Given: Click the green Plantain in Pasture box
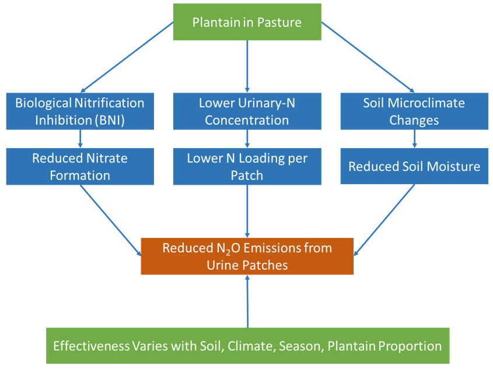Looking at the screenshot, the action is pyautogui.click(x=247, y=22).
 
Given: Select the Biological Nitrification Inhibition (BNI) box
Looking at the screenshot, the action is pyautogui.click(x=80, y=111).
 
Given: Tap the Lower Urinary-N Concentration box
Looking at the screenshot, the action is pyautogui.click(x=247, y=111).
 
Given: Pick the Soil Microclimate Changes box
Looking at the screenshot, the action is pyautogui.click(x=414, y=111).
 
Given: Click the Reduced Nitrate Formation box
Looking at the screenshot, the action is pyautogui.click(x=80, y=167).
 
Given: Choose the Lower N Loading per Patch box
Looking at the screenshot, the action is pyautogui.click(x=247, y=167).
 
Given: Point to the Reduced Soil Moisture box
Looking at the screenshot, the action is pyautogui.click(x=414, y=166).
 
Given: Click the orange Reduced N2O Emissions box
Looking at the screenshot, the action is pyautogui.click(x=247, y=256).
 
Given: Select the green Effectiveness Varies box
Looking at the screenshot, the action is pyautogui.click(x=248, y=346).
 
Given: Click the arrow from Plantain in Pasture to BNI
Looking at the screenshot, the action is pyautogui.click(x=127, y=57).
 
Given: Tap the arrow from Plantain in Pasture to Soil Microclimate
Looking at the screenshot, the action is pyautogui.click(x=368, y=57).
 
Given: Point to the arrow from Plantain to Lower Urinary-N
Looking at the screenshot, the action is pyautogui.click(x=247, y=66).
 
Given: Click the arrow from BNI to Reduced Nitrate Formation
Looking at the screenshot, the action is pyautogui.click(x=80, y=139).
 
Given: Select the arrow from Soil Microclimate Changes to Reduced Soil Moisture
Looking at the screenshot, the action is pyautogui.click(x=414, y=139).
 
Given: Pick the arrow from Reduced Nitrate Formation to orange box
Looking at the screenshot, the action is pyautogui.click(x=111, y=220).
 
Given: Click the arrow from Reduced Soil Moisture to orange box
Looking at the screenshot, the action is pyautogui.click(x=384, y=220).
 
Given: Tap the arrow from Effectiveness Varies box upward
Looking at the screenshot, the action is pyautogui.click(x=247, y=301).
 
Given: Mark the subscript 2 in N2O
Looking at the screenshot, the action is pyautogui.click(x=228, y=252).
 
